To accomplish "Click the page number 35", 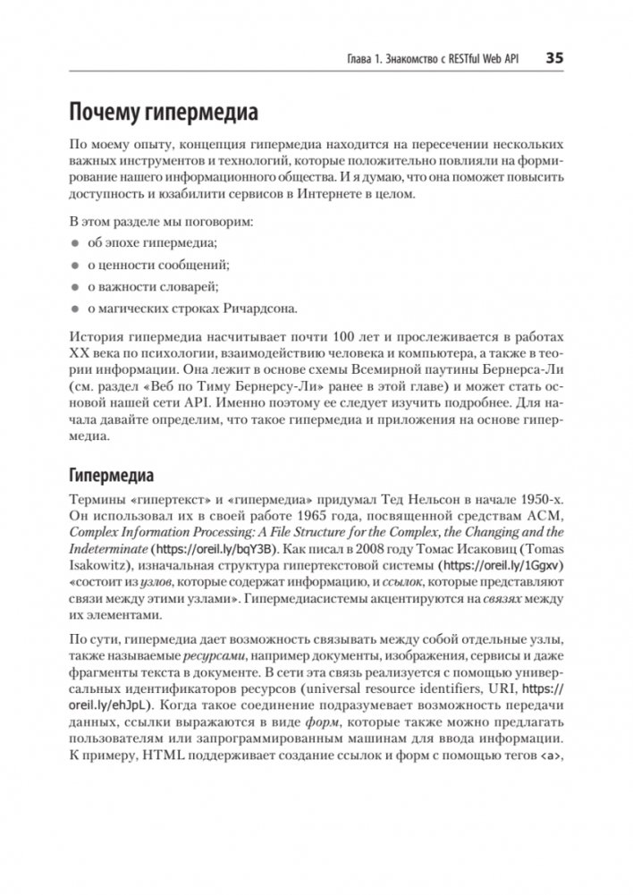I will click(x=553, y=60).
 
